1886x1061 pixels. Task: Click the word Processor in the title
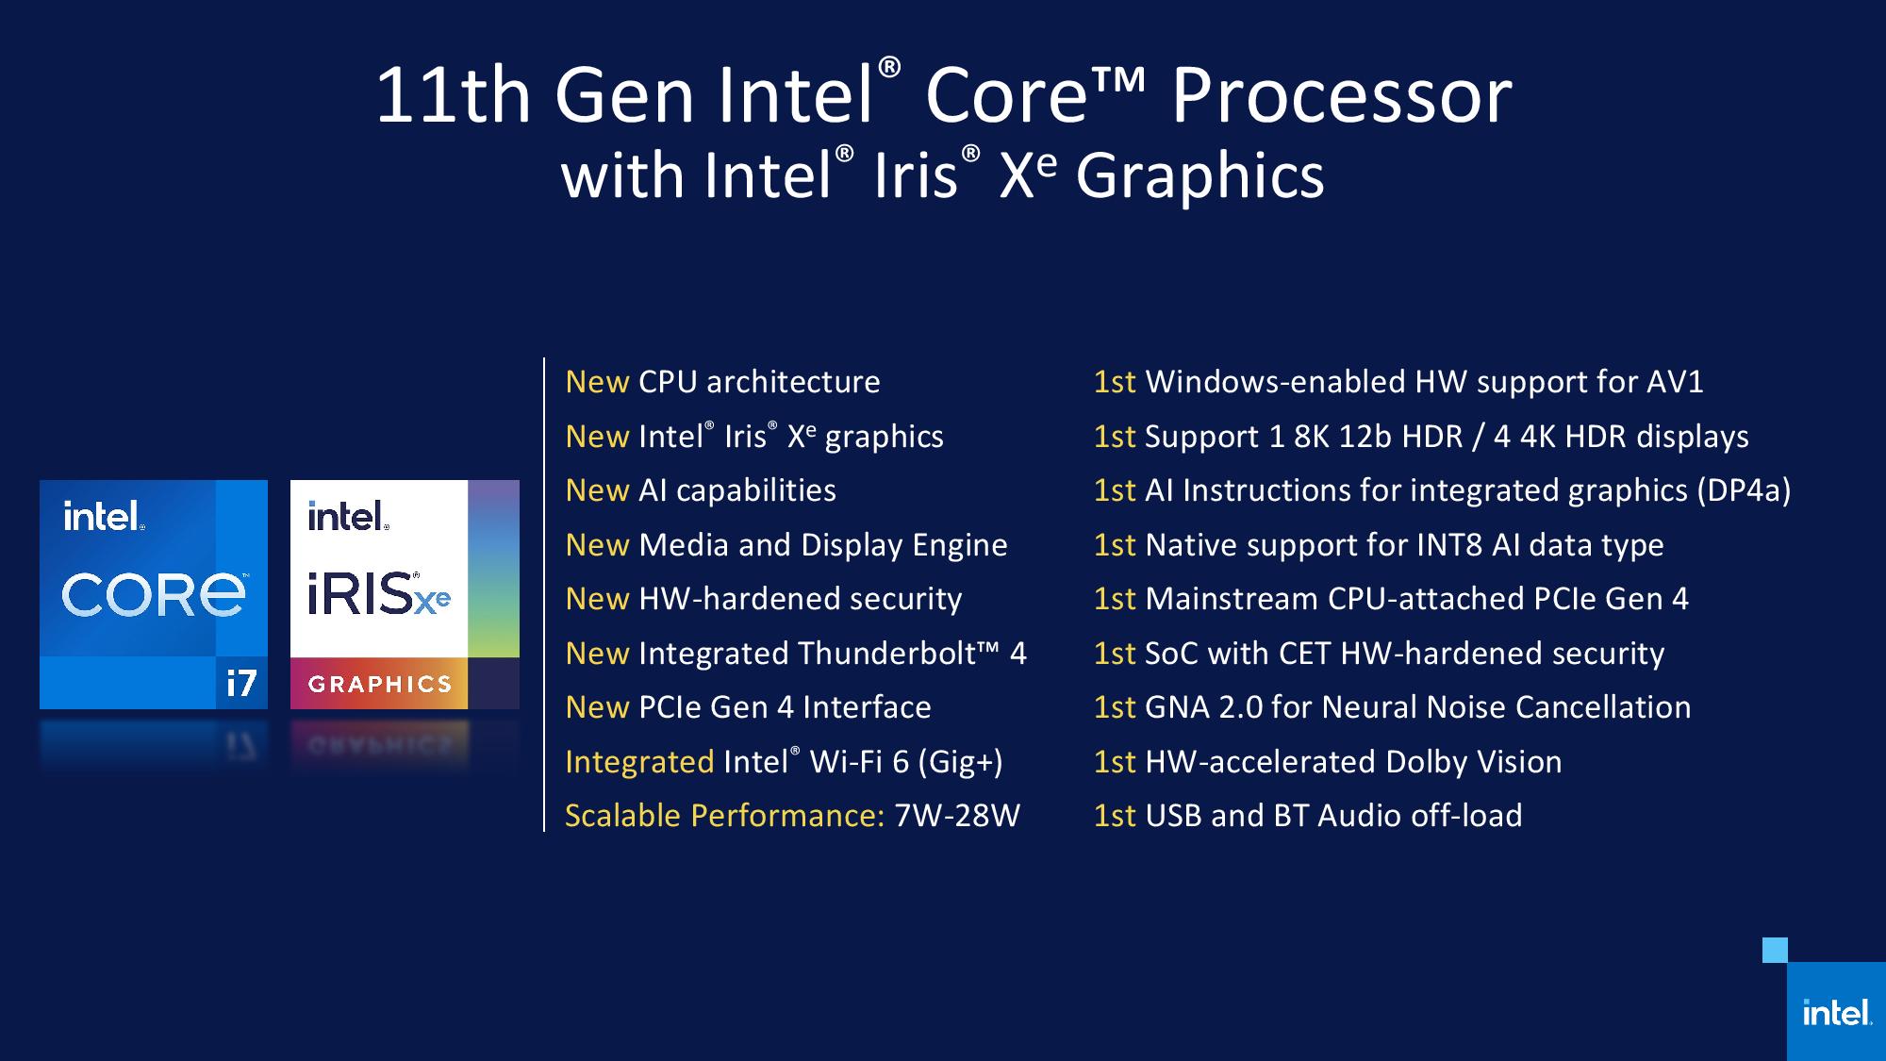point(1341,96)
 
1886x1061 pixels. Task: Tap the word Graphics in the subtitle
point(1199,176)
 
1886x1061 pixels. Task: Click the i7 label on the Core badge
point(241,683)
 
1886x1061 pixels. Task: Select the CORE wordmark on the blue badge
point(154,595)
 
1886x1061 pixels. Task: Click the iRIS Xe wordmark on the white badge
point(378,594)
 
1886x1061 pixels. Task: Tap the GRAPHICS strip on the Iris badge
point(380,684)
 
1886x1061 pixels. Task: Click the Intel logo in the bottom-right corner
point(1836,1013)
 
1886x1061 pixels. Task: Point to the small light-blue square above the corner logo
point(1775,950)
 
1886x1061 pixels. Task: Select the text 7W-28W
point(956,816)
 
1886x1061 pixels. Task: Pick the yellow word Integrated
point(639,762)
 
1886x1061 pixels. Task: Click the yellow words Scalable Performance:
point(724,816)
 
